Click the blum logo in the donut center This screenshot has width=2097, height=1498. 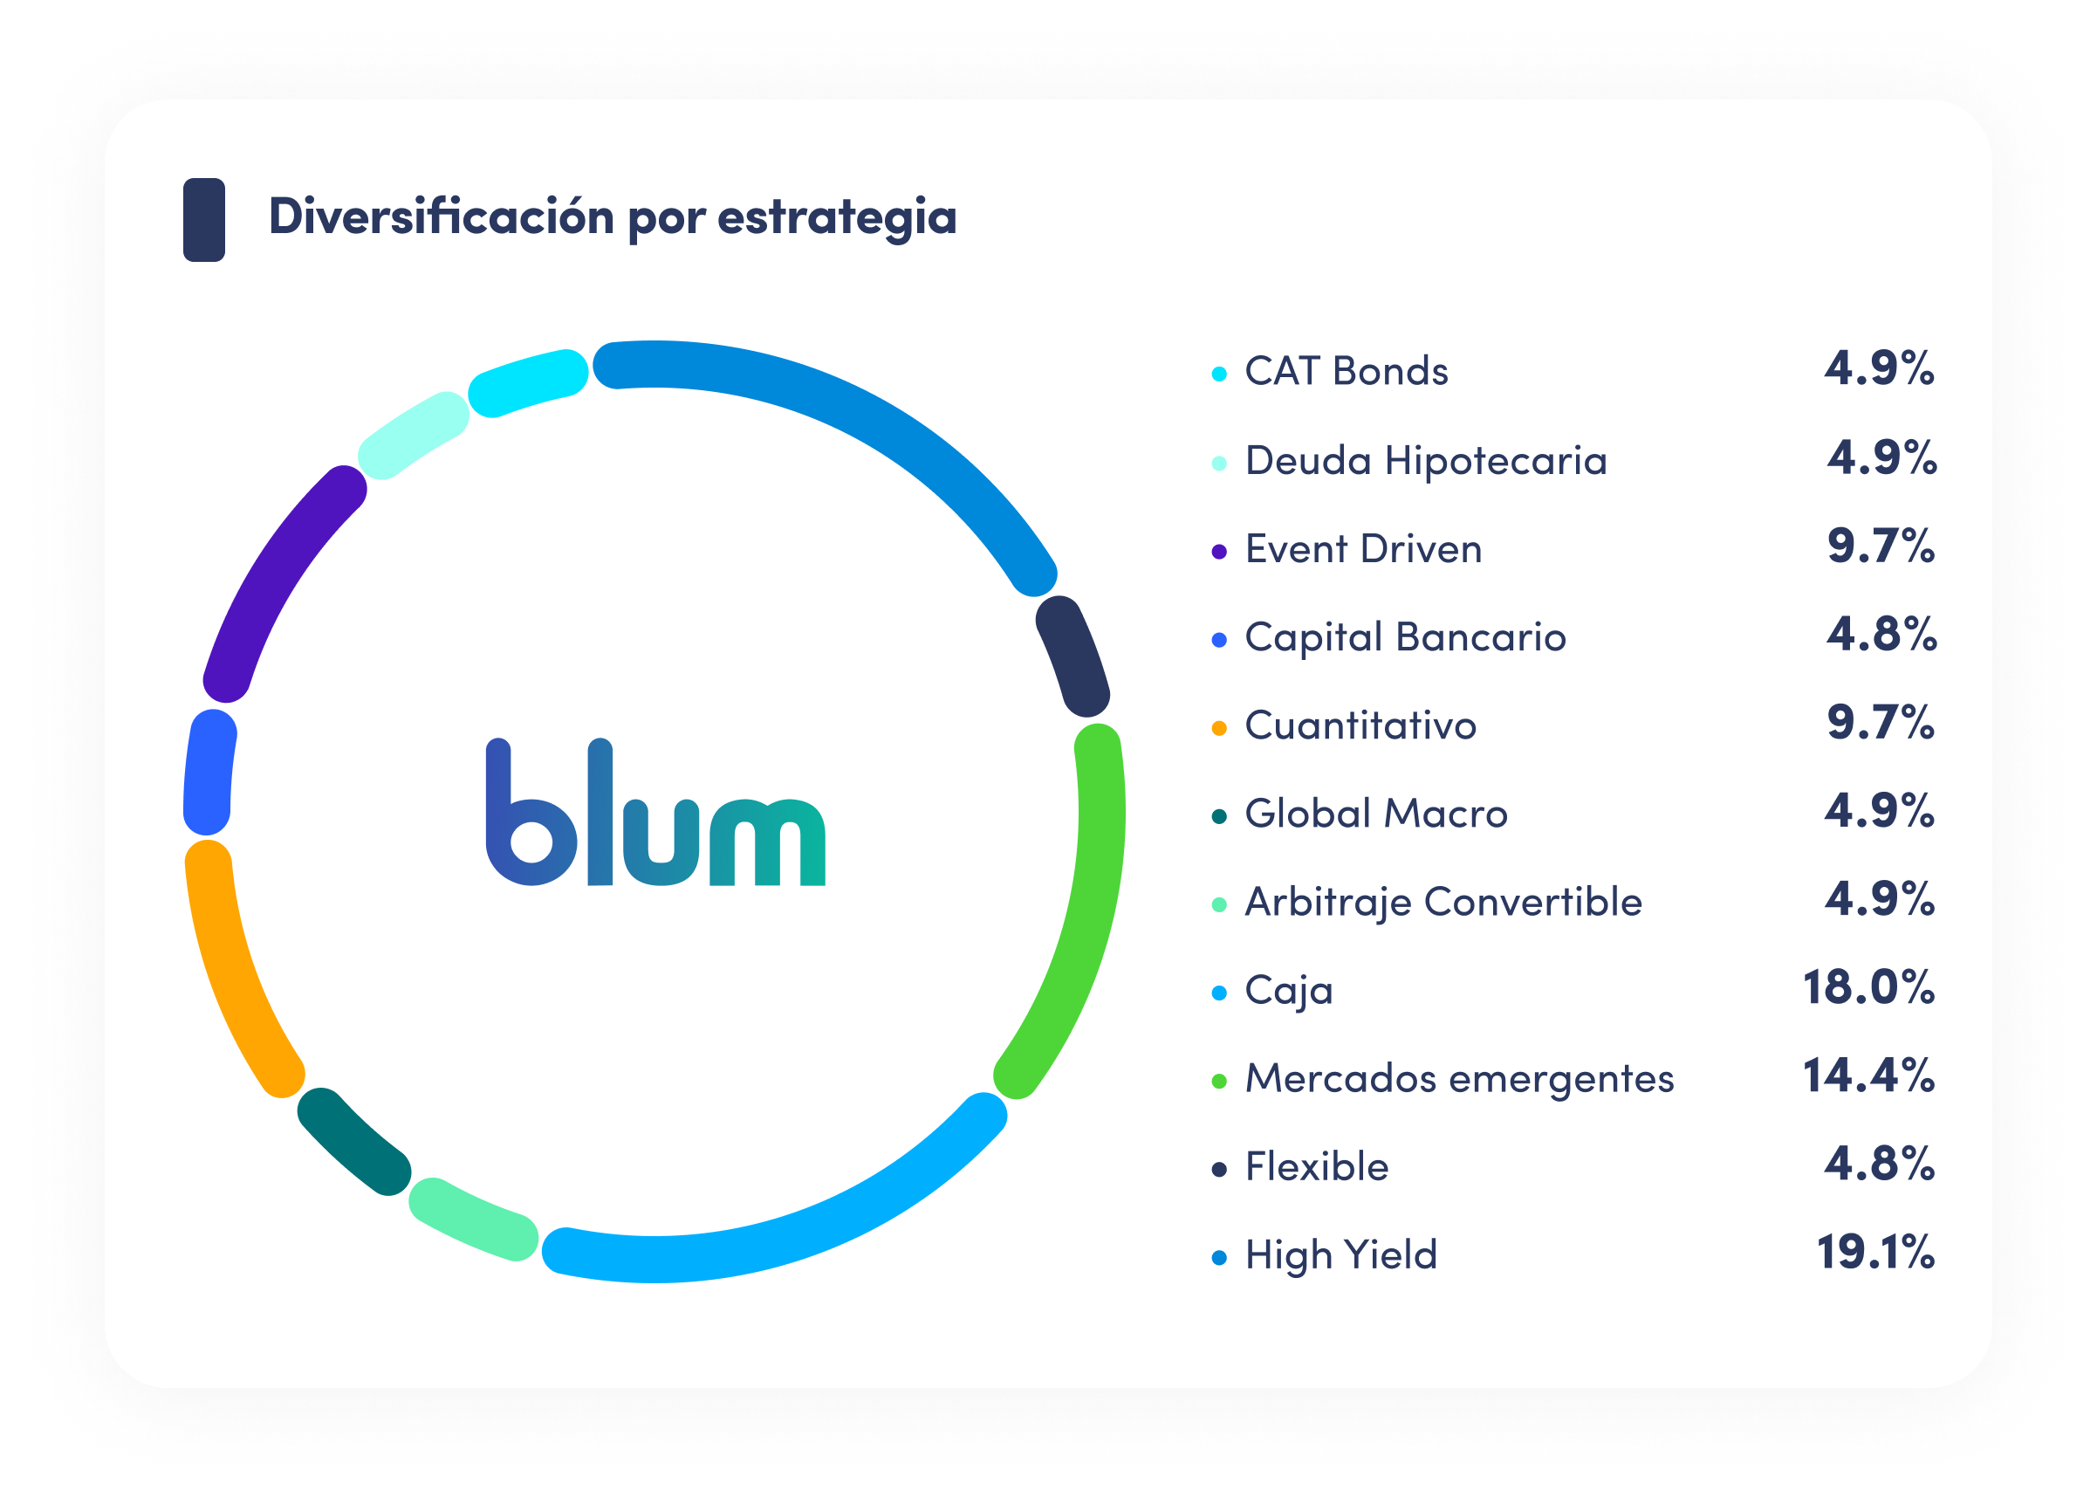[654, 813]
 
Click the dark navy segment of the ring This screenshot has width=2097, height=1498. [1072, 656]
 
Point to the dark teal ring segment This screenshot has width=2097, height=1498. [353, 1142]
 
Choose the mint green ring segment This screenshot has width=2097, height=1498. [472, 1220]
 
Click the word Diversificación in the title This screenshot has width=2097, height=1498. [441, 217]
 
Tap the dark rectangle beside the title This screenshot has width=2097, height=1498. [204, 219]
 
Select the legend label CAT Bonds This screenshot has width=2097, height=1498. [1346, 372]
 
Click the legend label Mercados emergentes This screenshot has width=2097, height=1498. [1459, 1078]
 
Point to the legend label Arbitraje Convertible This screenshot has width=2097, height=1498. [1443, 902]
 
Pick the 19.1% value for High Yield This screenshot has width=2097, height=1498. [1874, 1253]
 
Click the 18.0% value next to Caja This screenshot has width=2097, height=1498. [1868, 988]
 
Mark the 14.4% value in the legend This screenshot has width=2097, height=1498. [1868, 1075]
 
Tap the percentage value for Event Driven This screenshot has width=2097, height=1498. [1881, 546]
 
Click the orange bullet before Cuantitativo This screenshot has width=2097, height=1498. [1219, 728]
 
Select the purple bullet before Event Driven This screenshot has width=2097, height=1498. [1219, 552]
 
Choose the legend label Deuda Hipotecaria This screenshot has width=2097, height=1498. [1425, 461]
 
